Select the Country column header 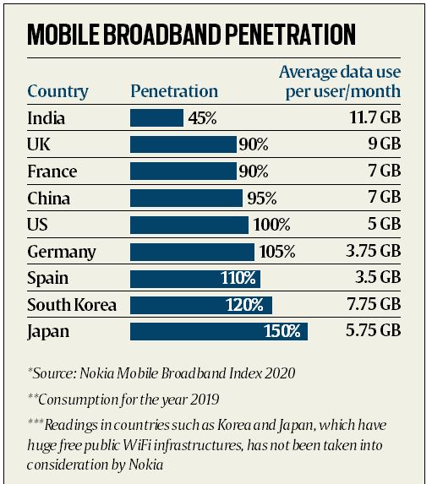point(57,91)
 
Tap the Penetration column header point(174,91)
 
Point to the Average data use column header point(339,82)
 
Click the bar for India point(156,118)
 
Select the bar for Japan point(218,331)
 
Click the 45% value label point(201,118)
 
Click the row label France point(52,171)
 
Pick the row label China point(48,198)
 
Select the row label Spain point(47,278)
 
